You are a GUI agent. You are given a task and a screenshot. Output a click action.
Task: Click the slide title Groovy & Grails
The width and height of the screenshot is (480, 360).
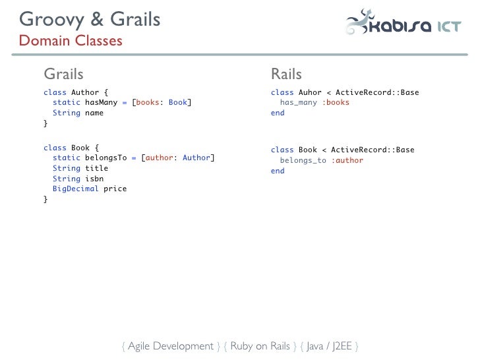tap(90, 19)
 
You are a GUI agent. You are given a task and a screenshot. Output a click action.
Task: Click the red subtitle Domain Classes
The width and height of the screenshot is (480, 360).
tap(71, 41)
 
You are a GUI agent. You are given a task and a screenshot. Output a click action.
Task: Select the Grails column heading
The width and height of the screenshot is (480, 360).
tap(63, 74)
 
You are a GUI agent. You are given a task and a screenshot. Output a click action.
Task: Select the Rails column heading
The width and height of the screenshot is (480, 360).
tap(286, 74)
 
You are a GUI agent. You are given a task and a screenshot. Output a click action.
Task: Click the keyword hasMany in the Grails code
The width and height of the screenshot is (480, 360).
tap(101, 103)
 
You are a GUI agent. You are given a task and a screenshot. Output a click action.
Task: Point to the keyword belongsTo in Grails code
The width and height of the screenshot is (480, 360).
tap(105, 158)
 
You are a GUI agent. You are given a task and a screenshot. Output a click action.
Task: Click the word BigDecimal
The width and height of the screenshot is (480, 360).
tap(76, 189)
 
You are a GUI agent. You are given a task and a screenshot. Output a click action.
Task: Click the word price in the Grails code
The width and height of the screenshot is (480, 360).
tap(115, 189)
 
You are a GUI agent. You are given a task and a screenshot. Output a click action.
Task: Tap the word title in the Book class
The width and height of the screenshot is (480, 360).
tap(96, 168)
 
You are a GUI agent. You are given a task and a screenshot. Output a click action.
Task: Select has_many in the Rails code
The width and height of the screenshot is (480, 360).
tap(298, 103)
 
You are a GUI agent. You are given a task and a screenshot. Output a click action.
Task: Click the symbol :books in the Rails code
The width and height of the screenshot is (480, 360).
tap(336, 103)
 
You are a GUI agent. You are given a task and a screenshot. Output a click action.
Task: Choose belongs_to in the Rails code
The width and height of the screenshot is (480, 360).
tap(303, 161)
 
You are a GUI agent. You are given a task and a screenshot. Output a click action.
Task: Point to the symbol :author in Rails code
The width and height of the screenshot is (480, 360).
tap(347, 161)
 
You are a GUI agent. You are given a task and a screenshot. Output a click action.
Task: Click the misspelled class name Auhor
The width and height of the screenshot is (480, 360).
tap(310, 92)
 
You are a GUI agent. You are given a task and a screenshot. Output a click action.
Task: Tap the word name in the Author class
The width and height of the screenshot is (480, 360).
tap(94, 113)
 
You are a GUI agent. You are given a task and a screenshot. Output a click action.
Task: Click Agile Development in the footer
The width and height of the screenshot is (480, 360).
tap(170, 346)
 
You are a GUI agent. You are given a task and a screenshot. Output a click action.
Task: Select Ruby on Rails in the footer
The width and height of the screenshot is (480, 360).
tap(260, 346)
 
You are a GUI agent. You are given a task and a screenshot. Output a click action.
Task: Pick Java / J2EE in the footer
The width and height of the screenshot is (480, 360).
tap(329, 346)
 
